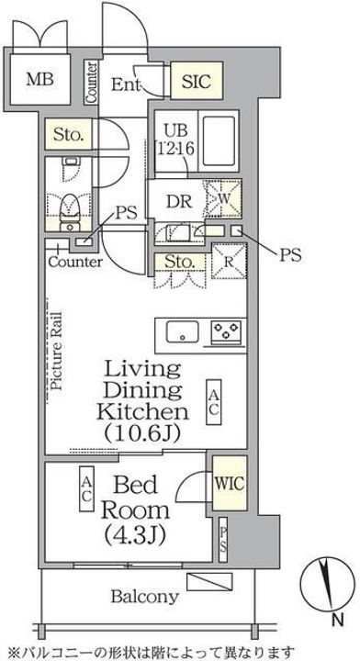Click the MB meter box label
click(x=40, y=79)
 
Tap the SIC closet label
click(x=197, y=81)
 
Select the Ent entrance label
click(x=125, y=84)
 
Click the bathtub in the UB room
click(x=219, y=141)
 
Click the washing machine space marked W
click(x=223, y=198)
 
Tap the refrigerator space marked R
click(x=229, y=261)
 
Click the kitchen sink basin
click(x=182, y=332)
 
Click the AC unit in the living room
click(x=213, y=402)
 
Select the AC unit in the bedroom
click(x=87, y=488)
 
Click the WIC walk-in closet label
click(x=230, y=483)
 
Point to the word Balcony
click(x=144, y=597)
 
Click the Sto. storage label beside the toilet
click(x=67, y=135)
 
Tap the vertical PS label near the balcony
click(x=223, y=540)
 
